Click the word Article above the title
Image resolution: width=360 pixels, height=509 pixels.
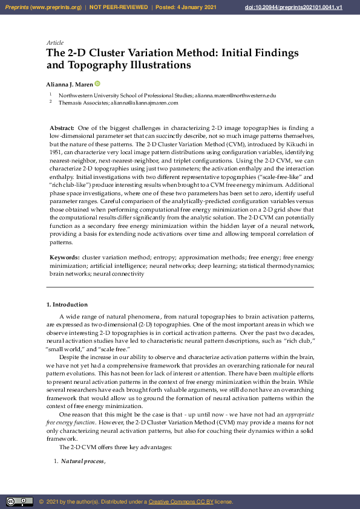pyautogui.click(x=54, y=43)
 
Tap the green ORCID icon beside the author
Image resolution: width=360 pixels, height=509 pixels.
pyautogui.click(x=97, y=83)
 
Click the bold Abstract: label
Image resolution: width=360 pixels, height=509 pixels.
pyautogui.click(x=62, y=129)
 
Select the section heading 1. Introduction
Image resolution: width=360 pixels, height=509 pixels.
pyautogui.click(x=67, y=304)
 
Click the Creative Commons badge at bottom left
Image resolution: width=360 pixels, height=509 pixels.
pyautogui.click(x=19, y=502)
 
